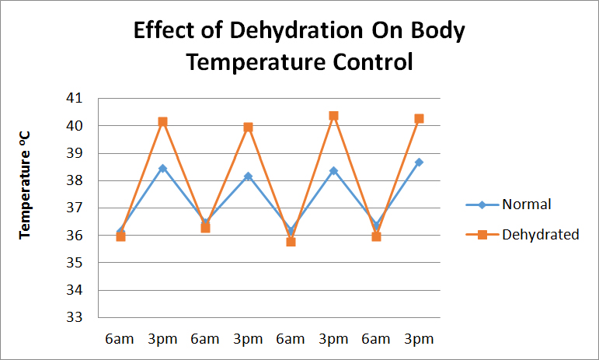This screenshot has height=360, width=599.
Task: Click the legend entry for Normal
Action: click(526, 204)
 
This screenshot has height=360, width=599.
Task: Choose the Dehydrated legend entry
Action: click(540, 234)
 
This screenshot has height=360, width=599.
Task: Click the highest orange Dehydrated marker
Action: click(333, 116)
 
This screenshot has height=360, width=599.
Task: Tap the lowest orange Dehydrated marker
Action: click(291, 242)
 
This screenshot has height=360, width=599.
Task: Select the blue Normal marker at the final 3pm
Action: click(419, 163)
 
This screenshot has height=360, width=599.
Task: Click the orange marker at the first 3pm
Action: click(163, 122)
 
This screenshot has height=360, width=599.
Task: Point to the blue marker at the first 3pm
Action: click(163, 168)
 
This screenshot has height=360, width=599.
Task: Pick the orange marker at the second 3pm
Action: click(249, 128)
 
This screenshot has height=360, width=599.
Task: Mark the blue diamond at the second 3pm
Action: click(249, 177)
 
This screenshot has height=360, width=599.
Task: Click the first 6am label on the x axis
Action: click(120, 340)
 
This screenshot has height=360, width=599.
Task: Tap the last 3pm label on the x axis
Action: click(419, 340)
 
